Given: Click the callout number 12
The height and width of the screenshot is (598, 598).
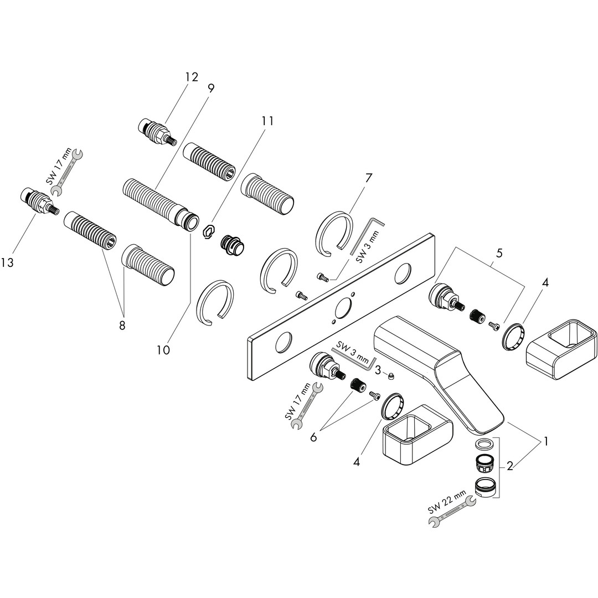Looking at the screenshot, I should pyautogui.click(x=191, y=77).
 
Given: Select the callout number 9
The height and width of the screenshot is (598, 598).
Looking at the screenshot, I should pyautogui.click(x=211, y=87).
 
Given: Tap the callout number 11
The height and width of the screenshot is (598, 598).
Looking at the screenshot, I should pyautogui.click(x=268, y=121).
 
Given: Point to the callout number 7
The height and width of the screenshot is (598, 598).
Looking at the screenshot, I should pyautogui.click(x=368, y=178).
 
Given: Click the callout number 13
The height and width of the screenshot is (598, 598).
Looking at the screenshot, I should pyautogui.click(x=8, y=262).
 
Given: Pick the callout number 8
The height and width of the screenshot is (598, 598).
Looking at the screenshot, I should pyautogui.click(x=122, y=325).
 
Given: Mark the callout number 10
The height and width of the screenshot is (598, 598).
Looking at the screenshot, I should pyautogui.click(x=163, y=350).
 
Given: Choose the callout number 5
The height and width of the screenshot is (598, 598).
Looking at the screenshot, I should pyautogui.click(x=499, y=254).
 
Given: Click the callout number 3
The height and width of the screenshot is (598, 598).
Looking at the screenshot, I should pyautogui.click(x=378, y=370).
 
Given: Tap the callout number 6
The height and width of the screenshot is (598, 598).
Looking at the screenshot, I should pyautogui.click(x=313, y=437).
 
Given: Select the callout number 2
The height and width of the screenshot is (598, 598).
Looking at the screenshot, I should pyautogui.click(x=510, y=467).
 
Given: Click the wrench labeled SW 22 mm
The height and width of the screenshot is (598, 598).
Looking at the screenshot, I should pyautogui.click(x=452, y=512).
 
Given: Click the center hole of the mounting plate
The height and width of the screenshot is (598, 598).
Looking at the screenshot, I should pyautogui.click(x=344, y=307).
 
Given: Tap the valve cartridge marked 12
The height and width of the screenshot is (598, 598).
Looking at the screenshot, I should pyautogui.click(x=156, y=131).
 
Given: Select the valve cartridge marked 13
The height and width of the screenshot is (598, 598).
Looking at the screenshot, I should pyautogui.click(x=38, y=203).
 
